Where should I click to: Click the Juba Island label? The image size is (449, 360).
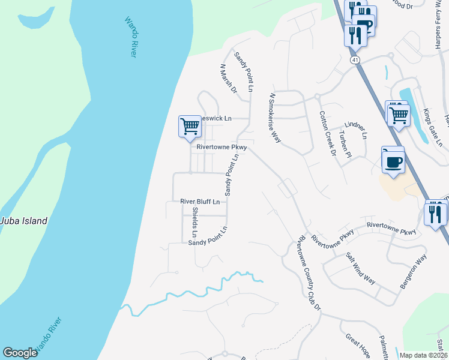pos(24,221)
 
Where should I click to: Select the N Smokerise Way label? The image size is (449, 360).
pos(276,118)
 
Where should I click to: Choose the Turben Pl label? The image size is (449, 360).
pos(344,144)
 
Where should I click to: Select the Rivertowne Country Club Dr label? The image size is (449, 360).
pos(306,272)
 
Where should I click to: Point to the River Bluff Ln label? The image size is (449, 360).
pos(200,202)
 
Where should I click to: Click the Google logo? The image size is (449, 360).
pos(20,353)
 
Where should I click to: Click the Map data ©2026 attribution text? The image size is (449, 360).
pos(423,355)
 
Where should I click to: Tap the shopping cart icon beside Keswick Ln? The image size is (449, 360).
pos(190,126)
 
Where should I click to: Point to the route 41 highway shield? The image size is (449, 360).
pos(355,61)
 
